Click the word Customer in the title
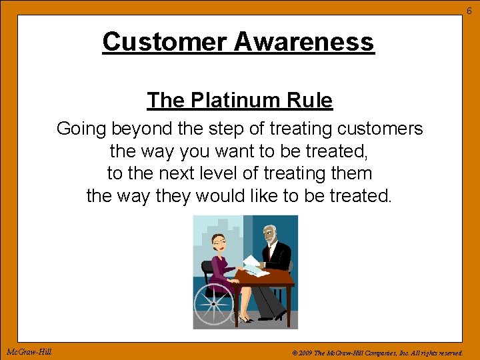tap(165, 42)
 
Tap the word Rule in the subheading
tap(311, 101)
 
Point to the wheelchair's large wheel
tap(213, 303)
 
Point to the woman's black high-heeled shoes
tap(245, 319)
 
